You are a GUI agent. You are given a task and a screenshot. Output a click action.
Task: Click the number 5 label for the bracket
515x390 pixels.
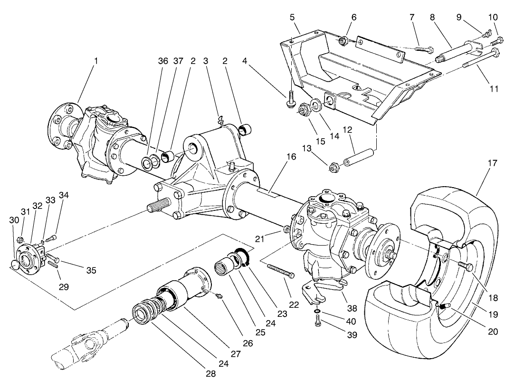click(291, 18)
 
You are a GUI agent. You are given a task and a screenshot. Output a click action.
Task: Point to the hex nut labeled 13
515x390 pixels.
click(332, 167)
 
